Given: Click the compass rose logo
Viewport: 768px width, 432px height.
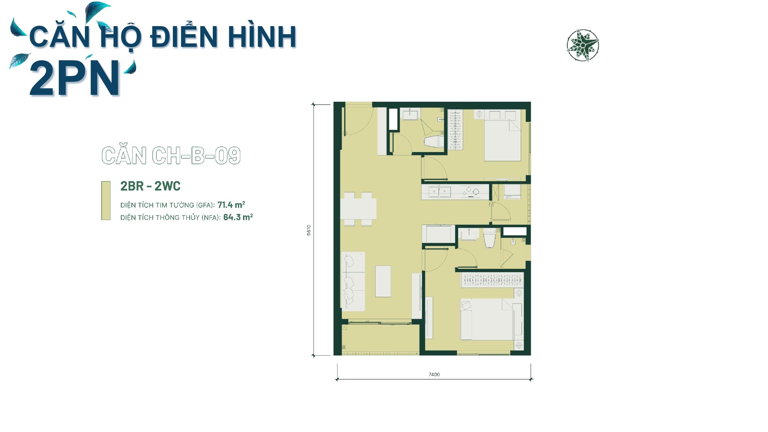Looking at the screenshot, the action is click(x=583, y=45).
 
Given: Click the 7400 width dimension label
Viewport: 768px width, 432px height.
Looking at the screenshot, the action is click(x=434, y=374).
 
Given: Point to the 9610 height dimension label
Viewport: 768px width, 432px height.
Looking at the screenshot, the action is click(x=309, y=230).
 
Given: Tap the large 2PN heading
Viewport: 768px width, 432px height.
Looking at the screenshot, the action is click(x=74, y=78).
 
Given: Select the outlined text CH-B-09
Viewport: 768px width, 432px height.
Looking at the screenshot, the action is click(x=196, y=156).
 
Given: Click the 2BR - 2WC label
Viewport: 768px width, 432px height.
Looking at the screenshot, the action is click(x=150, y=186).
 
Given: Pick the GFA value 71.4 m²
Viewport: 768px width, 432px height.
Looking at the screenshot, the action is click(x=231, y=205).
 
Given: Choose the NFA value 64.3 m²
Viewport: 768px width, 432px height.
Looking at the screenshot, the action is click(x=238, y=217).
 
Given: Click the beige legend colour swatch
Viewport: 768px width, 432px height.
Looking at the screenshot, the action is click(x=106, y=200).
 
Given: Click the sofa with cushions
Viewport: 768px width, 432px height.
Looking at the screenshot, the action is click(x=353, y=281).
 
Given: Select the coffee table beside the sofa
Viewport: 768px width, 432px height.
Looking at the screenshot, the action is click(x=383, y=281).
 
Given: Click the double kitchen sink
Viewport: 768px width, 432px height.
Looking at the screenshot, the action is click(x=439, y=192).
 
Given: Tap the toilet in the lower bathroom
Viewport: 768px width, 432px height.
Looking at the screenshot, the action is click(x=490, y=238).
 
